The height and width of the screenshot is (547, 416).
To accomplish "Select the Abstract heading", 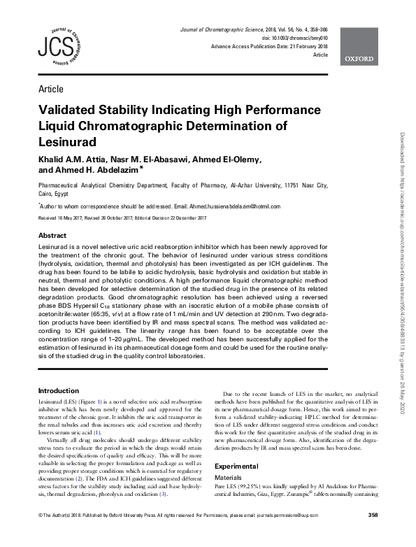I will click(x=52, y=236).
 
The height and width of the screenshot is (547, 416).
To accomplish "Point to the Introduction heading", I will click(x=58, y=391).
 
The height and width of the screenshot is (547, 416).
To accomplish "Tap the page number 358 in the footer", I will click(x=373, y=535).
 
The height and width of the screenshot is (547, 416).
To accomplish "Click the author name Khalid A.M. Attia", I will click(x=71, y=159).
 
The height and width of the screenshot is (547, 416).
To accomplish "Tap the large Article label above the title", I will click(x=51, y=89).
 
